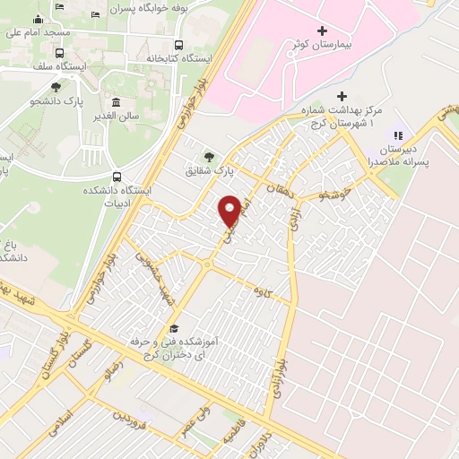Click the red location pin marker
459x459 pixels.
pyautogui.click(x=229, y=212)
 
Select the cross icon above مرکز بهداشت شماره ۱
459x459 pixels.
pyautogui.click(x=341, y=96)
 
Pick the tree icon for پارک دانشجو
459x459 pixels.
pyautogui.click(x=56, y=87)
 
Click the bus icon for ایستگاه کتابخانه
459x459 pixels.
pyautogui.click(x=179, y=45)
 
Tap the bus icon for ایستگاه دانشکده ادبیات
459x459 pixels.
pyautogui.click(x=117, y=177)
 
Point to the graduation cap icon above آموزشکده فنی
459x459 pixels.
pyautogui.click(x=173, y=329)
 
